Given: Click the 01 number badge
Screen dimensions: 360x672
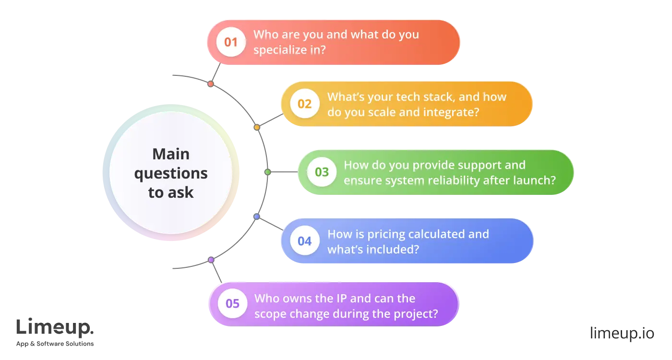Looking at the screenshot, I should point(231,42).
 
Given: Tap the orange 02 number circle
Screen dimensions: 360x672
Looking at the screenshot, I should point(305,104).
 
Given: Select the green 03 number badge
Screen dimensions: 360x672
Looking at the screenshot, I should point(322,172).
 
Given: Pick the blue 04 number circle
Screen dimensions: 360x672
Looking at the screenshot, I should point(305,241).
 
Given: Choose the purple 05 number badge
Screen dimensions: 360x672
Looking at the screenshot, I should point(232,304).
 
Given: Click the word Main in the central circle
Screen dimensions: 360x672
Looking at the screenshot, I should point(171,154).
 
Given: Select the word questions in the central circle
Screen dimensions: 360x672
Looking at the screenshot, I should point(171,173).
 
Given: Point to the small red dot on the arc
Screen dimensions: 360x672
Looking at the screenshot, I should point(210,84).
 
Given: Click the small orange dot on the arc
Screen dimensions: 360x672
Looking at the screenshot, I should point(257,128).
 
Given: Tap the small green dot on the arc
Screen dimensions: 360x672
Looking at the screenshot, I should point(268,172).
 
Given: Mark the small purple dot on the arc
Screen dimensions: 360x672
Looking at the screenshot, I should point(211,260).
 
